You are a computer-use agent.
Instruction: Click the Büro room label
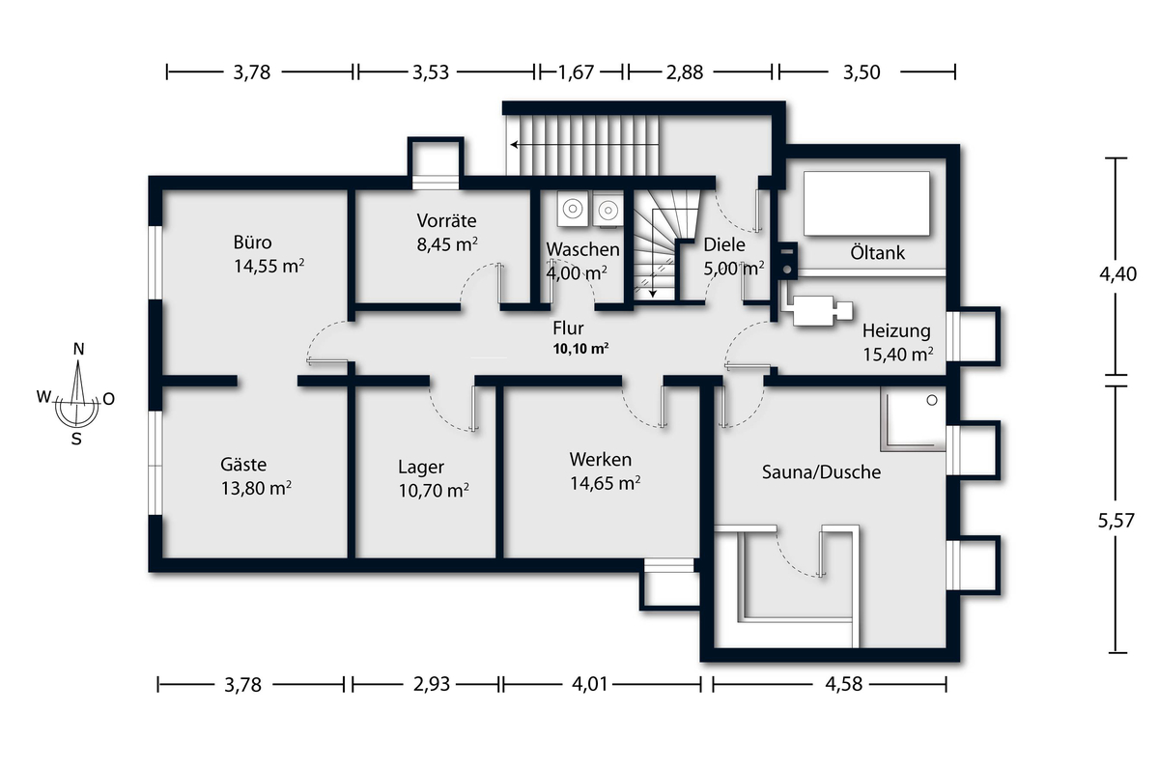[x=252, y=242]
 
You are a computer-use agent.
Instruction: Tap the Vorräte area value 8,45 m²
[x=447, y=243]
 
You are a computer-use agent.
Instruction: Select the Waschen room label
[x=582, y=249]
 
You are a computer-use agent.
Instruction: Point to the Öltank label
[x=878, y=253]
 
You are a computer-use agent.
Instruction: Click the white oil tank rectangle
[x=866, y=204]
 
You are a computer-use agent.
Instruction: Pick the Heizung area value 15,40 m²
[x=897, y=355]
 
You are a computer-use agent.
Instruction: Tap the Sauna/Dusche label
[x=821, y=472]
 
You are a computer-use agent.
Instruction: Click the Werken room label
[x=600, y=460]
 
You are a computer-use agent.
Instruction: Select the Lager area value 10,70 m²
[x=434, y=490]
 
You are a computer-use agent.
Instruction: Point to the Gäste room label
[x=243, y=464]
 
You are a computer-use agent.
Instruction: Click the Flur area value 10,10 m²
[x=580, y=349]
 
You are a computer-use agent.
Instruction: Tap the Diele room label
[x=724, y=244]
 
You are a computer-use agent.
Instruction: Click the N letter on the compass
[x=78, y=350]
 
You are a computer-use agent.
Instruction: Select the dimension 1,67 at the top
[x=576, y=72]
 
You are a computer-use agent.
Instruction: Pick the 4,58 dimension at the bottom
[x=843, y=684]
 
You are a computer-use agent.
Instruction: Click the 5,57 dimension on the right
[x=1117, y=520]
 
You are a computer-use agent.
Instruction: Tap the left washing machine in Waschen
[x=573, y=209]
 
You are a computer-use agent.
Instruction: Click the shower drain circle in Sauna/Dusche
[x=932, y=400]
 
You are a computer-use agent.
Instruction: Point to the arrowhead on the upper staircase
[x=514, y=144]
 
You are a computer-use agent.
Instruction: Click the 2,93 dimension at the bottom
[x=432, y=684]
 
